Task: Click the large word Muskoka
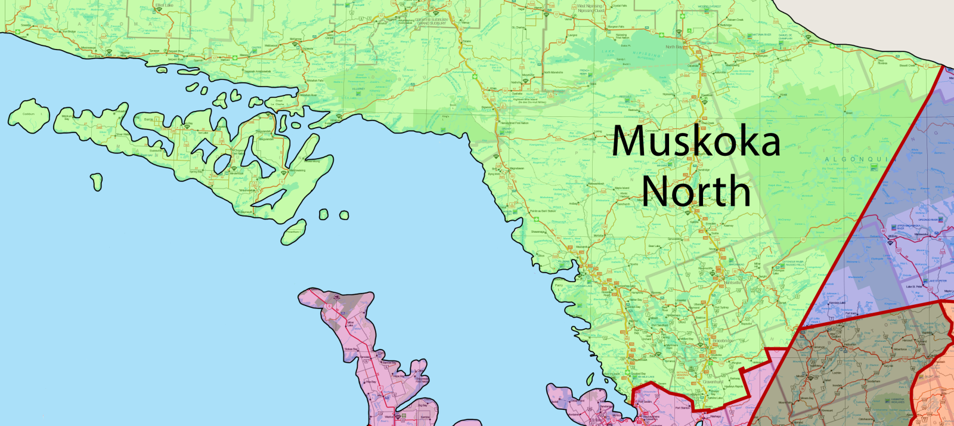coord(696,141)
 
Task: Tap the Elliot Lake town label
coord(164,5)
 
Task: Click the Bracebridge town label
coord(723,341)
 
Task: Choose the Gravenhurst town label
coord(713,382)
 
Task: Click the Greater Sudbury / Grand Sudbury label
coord(431,21)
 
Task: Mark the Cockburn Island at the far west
coord(28,114)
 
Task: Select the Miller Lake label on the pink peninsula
coord(350,323)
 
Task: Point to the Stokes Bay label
coord(351,349)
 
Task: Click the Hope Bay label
coord(398,376)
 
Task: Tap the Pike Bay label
coord(370,382)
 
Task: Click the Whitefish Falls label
coord(315,81)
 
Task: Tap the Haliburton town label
coord(850,344)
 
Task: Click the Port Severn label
coord(646,402)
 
